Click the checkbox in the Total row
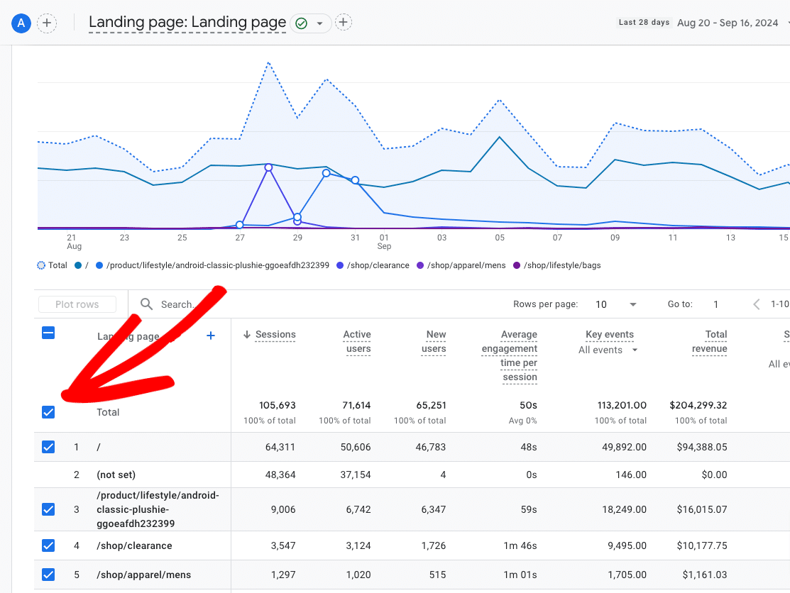click(x=48, y=412)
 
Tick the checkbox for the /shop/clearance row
click(x=48, y=545)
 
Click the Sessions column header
click(x=275, y=335)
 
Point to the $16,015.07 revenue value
click(x=700, y=509)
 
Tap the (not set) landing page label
click(x=116, y=475)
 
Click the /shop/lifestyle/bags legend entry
click(x=557, y=265)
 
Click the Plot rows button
click(x=77, y=304)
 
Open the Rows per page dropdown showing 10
click(x=616, y=304)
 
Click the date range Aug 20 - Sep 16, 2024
click(x=728, y=23)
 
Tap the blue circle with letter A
click(x=21, y=23)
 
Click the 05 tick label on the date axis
click(x=500, y=238)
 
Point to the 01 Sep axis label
click(x=384, y=241)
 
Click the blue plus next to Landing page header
click(x=211, y=336)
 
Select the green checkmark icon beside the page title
click(x=301, y=23)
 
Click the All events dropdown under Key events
click(x=608, y=350)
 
